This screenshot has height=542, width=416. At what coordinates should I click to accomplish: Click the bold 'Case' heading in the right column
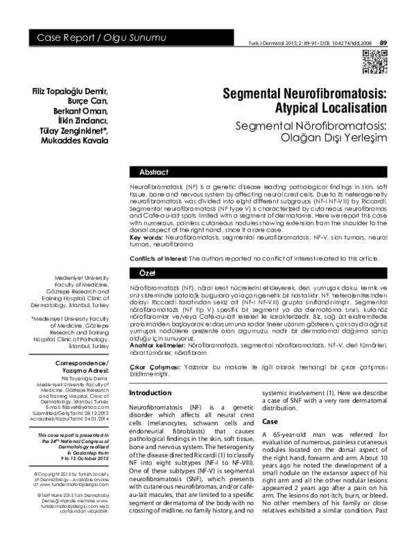(271, 421)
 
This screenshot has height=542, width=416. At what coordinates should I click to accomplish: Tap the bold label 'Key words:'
(147, 237)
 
